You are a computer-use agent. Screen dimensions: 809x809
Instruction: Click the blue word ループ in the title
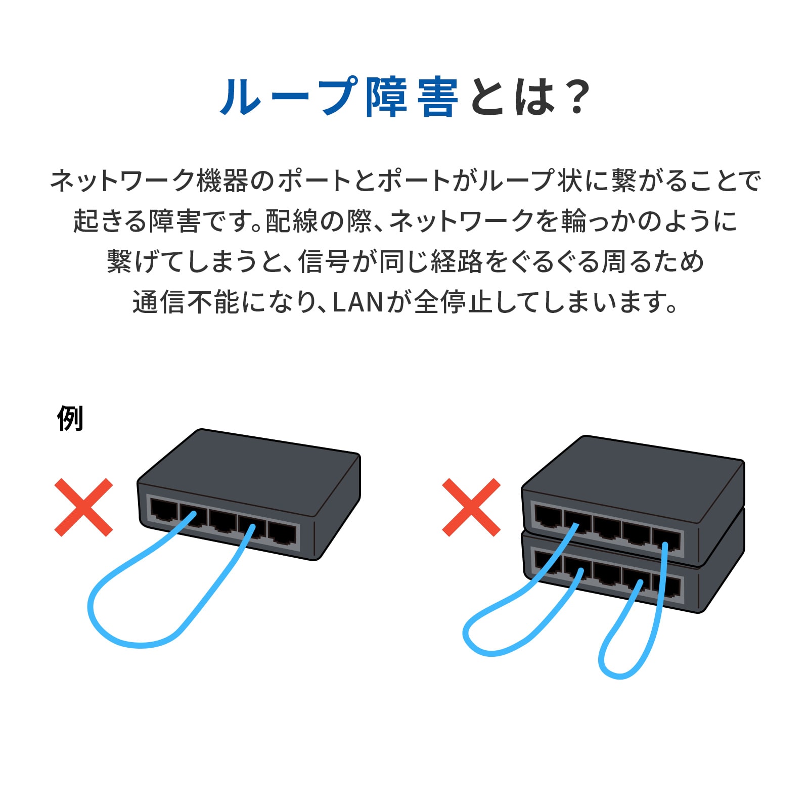click(289, 97)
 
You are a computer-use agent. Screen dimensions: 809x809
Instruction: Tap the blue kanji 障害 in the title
click(412, 97)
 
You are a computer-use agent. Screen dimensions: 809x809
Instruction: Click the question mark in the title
click(576, 97)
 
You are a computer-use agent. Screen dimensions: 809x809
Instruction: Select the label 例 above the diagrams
click(70, 418)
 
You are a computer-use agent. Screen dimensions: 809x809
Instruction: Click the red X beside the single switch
click(83, 507)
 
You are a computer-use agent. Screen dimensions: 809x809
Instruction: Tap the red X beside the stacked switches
click(471, 507)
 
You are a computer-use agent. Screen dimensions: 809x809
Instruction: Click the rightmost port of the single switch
click(282, 533)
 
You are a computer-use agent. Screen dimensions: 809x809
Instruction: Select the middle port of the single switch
click(223, 521)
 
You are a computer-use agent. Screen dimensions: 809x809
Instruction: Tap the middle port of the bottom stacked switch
click(607, 572)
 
